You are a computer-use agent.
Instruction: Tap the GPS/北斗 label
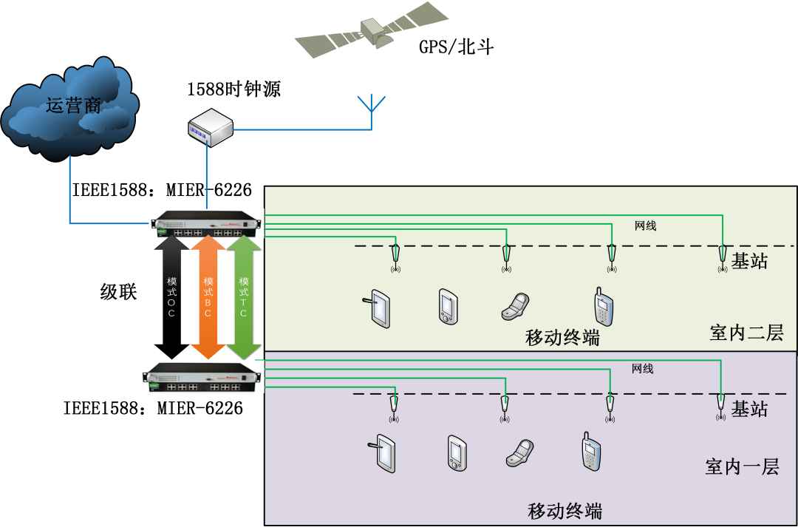point(456,48)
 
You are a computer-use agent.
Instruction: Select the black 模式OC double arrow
point(171,296)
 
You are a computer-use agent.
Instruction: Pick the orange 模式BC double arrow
point(208,296)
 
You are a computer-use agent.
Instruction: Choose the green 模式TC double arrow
point(243,296)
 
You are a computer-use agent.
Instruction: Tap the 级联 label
point(119,291)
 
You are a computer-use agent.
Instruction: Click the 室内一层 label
point(742,466)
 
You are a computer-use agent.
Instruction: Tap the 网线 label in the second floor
point(645,226)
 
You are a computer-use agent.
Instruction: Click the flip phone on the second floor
point(515,306)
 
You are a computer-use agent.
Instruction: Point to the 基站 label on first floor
point(749,409)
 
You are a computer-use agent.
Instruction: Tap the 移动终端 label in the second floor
point(562,339)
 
